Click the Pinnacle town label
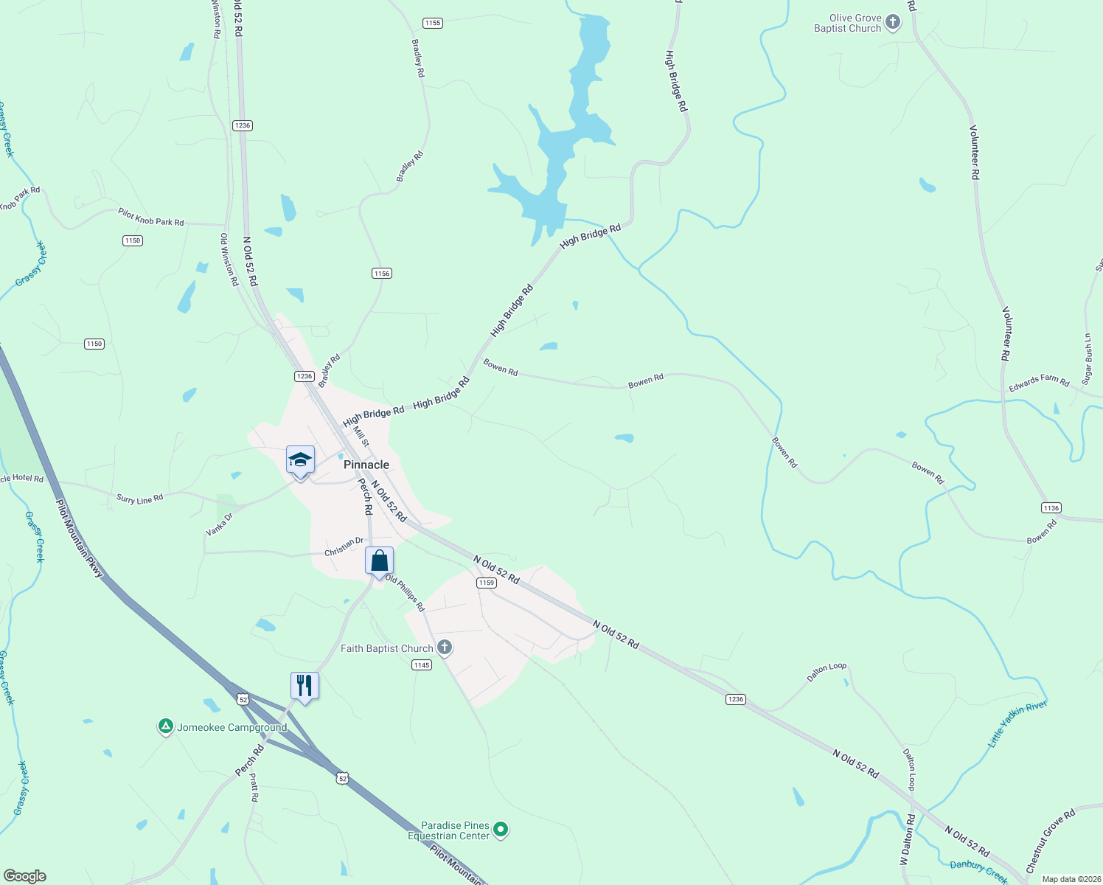coord(366,465)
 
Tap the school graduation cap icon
coord(300,460)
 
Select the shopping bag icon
coord(379,561)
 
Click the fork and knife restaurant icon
coord(305,686)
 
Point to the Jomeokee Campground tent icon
coord(166,727)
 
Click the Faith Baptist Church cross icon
coord(445,648)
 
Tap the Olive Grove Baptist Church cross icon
coord(893,23)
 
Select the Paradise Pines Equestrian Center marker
coord(501,830)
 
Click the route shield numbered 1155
coord(433,23)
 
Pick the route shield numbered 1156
coord(381,274)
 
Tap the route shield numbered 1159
coord(486,583)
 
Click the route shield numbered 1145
coord(422,665)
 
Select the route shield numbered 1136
coord(1051,507)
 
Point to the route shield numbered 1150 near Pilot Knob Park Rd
coord(133,240)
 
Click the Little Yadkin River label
coord(1017,723)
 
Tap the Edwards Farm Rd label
coord(1039,382)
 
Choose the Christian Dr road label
coord(344,546)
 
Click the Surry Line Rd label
coord(139,499)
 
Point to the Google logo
coord(25,876)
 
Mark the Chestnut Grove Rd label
coord(1050,840)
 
